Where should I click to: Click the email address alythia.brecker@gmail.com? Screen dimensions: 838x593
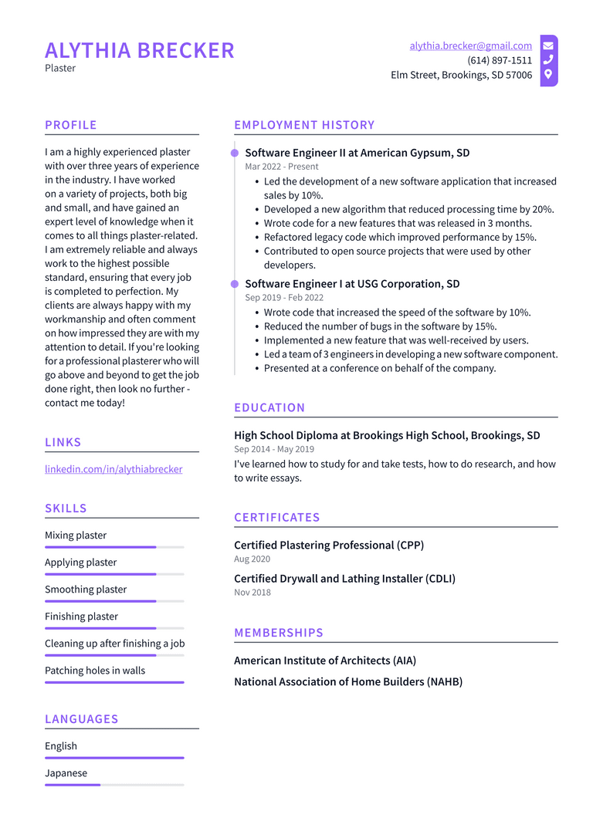470,46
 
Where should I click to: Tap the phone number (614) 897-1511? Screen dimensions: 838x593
499,61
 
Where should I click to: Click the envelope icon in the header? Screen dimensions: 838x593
548,46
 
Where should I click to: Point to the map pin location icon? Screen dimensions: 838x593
548,75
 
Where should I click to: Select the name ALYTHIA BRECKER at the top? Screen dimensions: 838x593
140,51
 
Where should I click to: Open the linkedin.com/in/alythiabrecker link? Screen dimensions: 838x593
114,469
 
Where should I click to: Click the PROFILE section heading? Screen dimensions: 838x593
71,125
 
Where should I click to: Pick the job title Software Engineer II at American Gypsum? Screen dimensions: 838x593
357,153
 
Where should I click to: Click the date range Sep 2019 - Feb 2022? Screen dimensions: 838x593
284,298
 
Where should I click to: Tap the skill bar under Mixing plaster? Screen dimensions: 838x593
114,547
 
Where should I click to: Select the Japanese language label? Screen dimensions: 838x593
66,773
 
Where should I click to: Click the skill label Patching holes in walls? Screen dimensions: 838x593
95,671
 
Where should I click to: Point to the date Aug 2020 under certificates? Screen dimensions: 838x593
252,559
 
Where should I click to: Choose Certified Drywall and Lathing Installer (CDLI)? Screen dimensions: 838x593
344,579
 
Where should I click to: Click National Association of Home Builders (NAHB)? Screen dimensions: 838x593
348,682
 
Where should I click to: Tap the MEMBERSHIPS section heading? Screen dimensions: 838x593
279,633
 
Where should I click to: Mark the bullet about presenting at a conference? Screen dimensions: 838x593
380,368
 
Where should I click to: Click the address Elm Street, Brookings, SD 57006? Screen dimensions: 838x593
461,76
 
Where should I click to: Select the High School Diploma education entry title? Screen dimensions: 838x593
387,435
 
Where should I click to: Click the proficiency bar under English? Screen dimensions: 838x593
114,758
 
